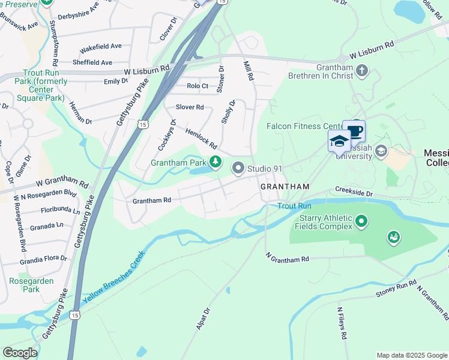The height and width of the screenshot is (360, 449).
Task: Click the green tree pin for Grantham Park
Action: tap(215, 162)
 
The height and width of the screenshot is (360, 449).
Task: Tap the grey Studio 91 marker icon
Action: tap(238, 169)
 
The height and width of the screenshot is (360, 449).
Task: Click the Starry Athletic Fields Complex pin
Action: tap(361, 222)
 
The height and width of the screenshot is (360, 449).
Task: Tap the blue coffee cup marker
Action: tap(354, 131)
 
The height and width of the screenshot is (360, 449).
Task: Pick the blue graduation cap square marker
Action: tap(339, 141)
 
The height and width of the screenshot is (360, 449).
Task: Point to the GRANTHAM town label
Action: tap(285, 187)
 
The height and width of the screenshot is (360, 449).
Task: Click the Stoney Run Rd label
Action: tap(396, 289)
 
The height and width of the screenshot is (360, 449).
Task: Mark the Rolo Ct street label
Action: tap(197, 86)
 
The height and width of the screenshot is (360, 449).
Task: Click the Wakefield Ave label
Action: tap(101, 46)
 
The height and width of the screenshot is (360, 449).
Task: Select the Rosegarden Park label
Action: tap(31, 285)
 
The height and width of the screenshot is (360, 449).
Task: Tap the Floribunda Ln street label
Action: tap(60, 211)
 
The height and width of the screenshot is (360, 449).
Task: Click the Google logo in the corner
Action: tap(20, 353)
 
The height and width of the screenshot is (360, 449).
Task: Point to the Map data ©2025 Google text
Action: tap(411, 355)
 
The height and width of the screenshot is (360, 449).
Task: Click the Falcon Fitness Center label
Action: tap(304, 126)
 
